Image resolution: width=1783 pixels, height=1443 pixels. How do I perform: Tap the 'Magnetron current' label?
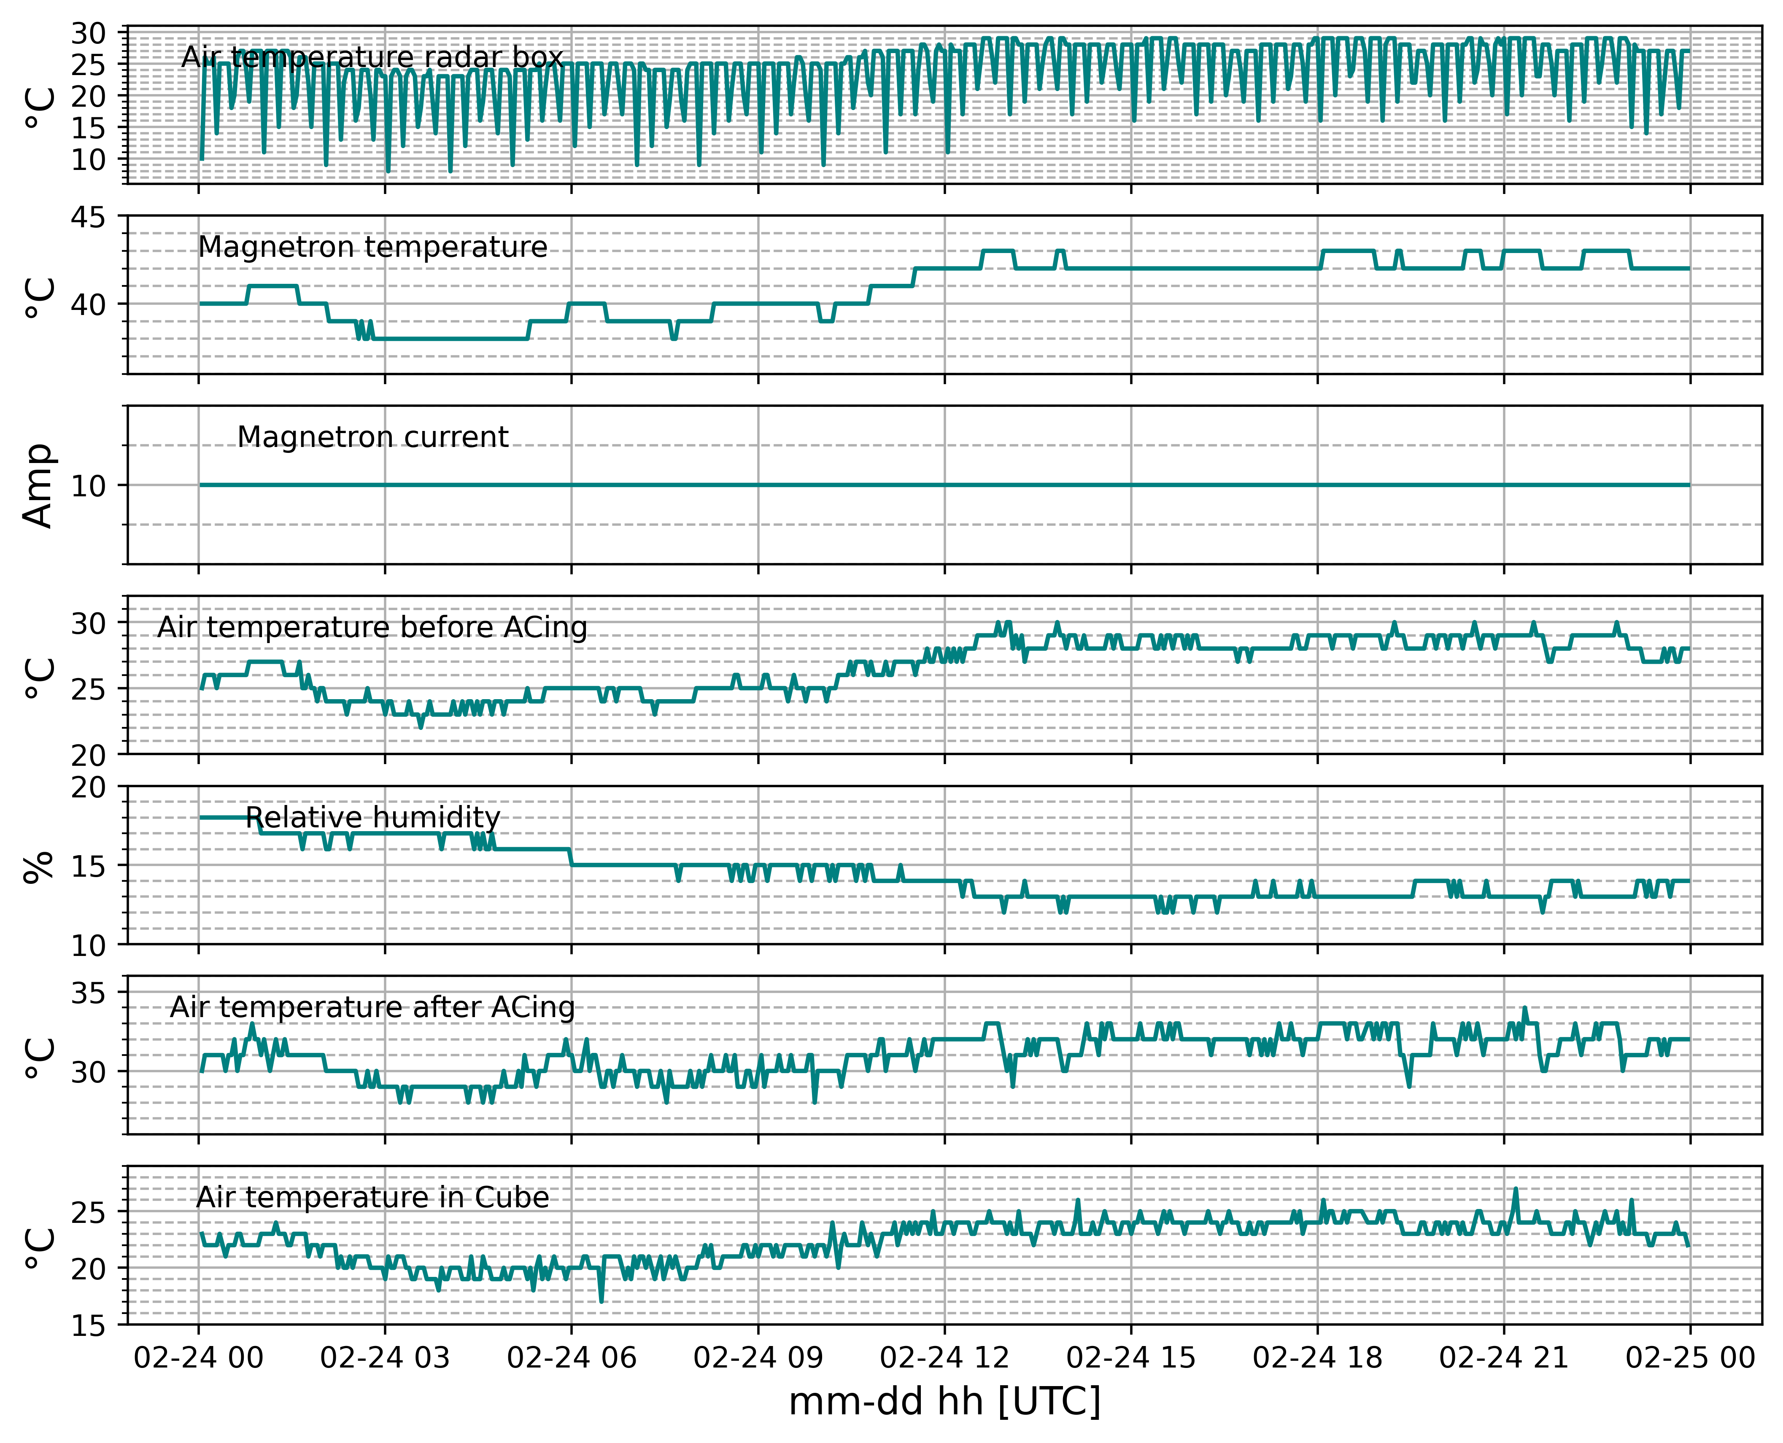372,437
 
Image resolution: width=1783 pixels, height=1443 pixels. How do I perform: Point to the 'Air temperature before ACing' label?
372,627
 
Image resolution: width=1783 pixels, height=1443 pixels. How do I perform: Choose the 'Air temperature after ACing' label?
372,1007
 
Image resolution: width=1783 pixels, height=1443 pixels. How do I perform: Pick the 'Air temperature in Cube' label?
372,1197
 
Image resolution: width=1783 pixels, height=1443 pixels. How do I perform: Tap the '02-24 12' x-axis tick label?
945,1358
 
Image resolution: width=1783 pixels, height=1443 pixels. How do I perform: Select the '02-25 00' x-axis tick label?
1690,1358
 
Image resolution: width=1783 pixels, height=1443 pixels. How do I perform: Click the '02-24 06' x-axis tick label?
571,1358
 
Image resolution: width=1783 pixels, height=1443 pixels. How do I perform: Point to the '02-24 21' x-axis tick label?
1504,1358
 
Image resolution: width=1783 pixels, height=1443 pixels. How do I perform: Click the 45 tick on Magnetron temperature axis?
88,218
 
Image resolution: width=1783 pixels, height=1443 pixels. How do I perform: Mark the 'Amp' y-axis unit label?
38,485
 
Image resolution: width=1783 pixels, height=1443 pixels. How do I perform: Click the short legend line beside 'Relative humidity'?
224,818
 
